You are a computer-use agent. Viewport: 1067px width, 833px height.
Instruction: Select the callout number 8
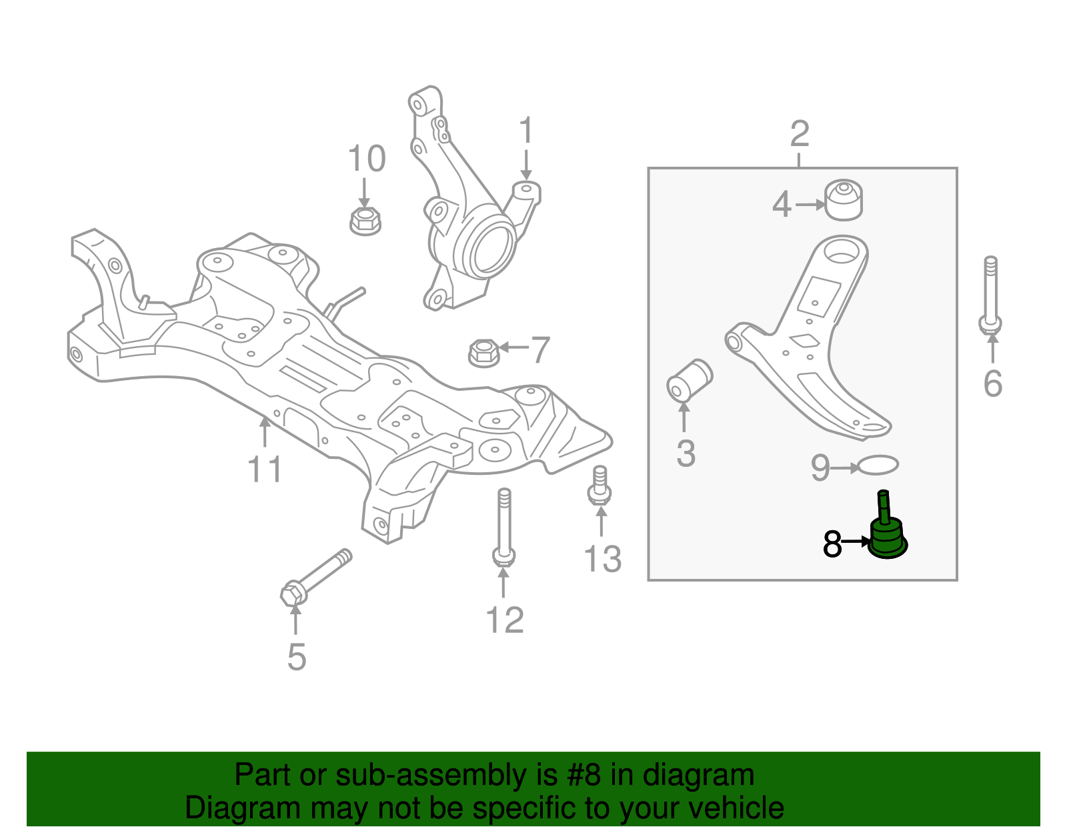[832, 544]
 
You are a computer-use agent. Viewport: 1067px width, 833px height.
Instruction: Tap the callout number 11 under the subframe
[265, 470]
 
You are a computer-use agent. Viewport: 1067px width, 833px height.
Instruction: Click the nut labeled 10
[365, 220]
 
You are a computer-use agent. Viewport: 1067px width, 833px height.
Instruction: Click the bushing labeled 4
[844, 199]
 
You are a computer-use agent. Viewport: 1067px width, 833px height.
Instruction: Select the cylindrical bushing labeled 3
[690, 381]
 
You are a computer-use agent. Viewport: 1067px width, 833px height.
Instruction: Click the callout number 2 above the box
[800, 135]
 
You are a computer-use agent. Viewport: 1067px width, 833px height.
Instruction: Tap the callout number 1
[526, 131]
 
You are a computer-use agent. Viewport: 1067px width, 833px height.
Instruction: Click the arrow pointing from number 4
[810, 205]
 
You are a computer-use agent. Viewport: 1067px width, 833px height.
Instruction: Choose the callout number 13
[602, 559]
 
